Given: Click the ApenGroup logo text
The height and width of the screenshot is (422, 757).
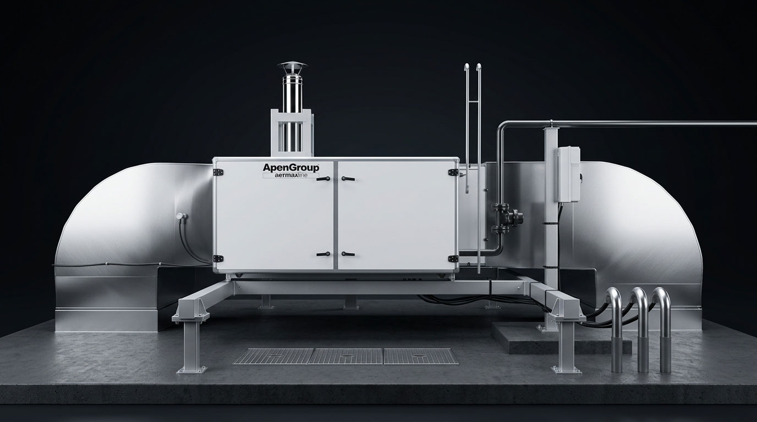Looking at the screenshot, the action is pyautogui.click(x=291, y=168).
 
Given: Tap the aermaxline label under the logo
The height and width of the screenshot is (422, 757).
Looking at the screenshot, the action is pyautogui.click(x=290, y=175).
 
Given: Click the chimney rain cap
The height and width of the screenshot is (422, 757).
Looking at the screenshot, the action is pyautogui.click(x=292, y=65).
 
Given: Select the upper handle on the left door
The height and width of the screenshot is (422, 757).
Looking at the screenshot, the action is pyautogui.click(x=323, y=179).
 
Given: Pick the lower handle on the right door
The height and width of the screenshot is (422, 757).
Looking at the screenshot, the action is pyautogui.click(x=348, y=253).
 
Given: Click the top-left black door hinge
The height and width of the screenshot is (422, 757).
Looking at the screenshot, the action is pyautogui.click(x=218, y=172).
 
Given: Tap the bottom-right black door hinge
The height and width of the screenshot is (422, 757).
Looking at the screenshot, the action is pyautogui.click(x=453, y=259).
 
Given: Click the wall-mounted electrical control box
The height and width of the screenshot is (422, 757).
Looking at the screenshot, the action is pyautogui.click(x=569, y=174).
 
